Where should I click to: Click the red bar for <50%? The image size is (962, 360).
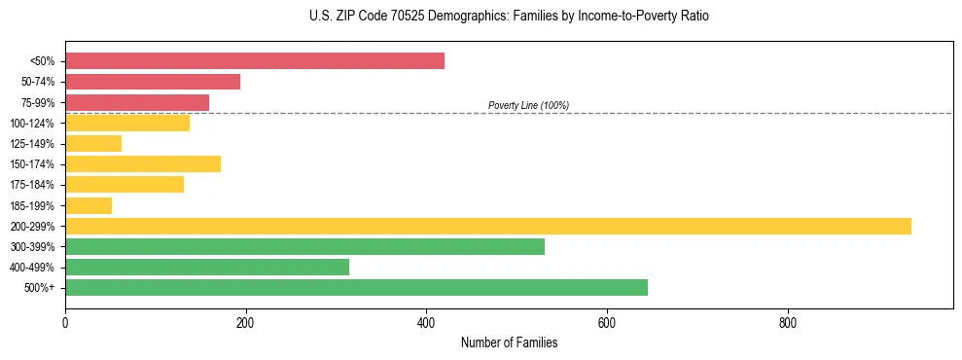pyautogui.click(x=255, y=61)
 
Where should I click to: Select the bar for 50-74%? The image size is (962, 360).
pyautogui.click(x=153, y=82)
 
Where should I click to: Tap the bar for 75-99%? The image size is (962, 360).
pyautogui.click(x=137, y=102)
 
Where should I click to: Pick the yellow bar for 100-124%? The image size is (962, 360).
pyautogui.click(x=127, y=124)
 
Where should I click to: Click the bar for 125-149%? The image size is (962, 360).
pyautogui.click(x=93, y=144)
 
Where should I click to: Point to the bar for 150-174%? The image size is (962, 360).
pyautogui.click(x=143, y=164)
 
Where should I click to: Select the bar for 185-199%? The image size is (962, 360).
pyautogui.click(x=89, y=205)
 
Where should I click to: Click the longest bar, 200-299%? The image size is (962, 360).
pyautogui.click(x=488, y=226)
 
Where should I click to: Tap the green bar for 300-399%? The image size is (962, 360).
pyautogui.click(x=304, y=246)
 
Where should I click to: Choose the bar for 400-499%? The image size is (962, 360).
pyautogui.click(x=207, y=268)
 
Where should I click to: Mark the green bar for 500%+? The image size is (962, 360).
pyautogui.click(x=356, y=288)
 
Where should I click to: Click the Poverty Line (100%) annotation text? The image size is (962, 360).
pyautogui.click(x=528, y=105)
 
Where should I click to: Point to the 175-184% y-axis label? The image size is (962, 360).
pyautogui.click(x=32, y=185)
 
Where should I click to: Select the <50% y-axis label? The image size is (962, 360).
pyautogui.click(x=43, y=61)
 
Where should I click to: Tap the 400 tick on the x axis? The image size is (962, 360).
pyautogui.click(x=426, y=323)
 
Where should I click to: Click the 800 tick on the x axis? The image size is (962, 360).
pyautogui.click(x=788, y=323)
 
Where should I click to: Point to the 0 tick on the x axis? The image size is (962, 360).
pyautogui.click(x=65, y=323)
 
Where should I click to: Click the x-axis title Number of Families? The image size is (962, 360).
pyautogui.click(x=509, y=343)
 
